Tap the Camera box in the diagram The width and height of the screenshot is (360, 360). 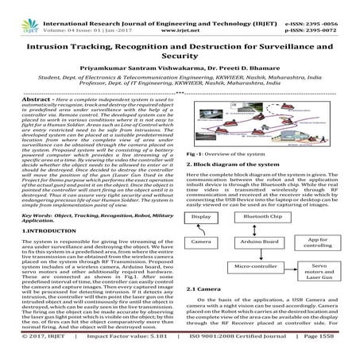202,241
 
